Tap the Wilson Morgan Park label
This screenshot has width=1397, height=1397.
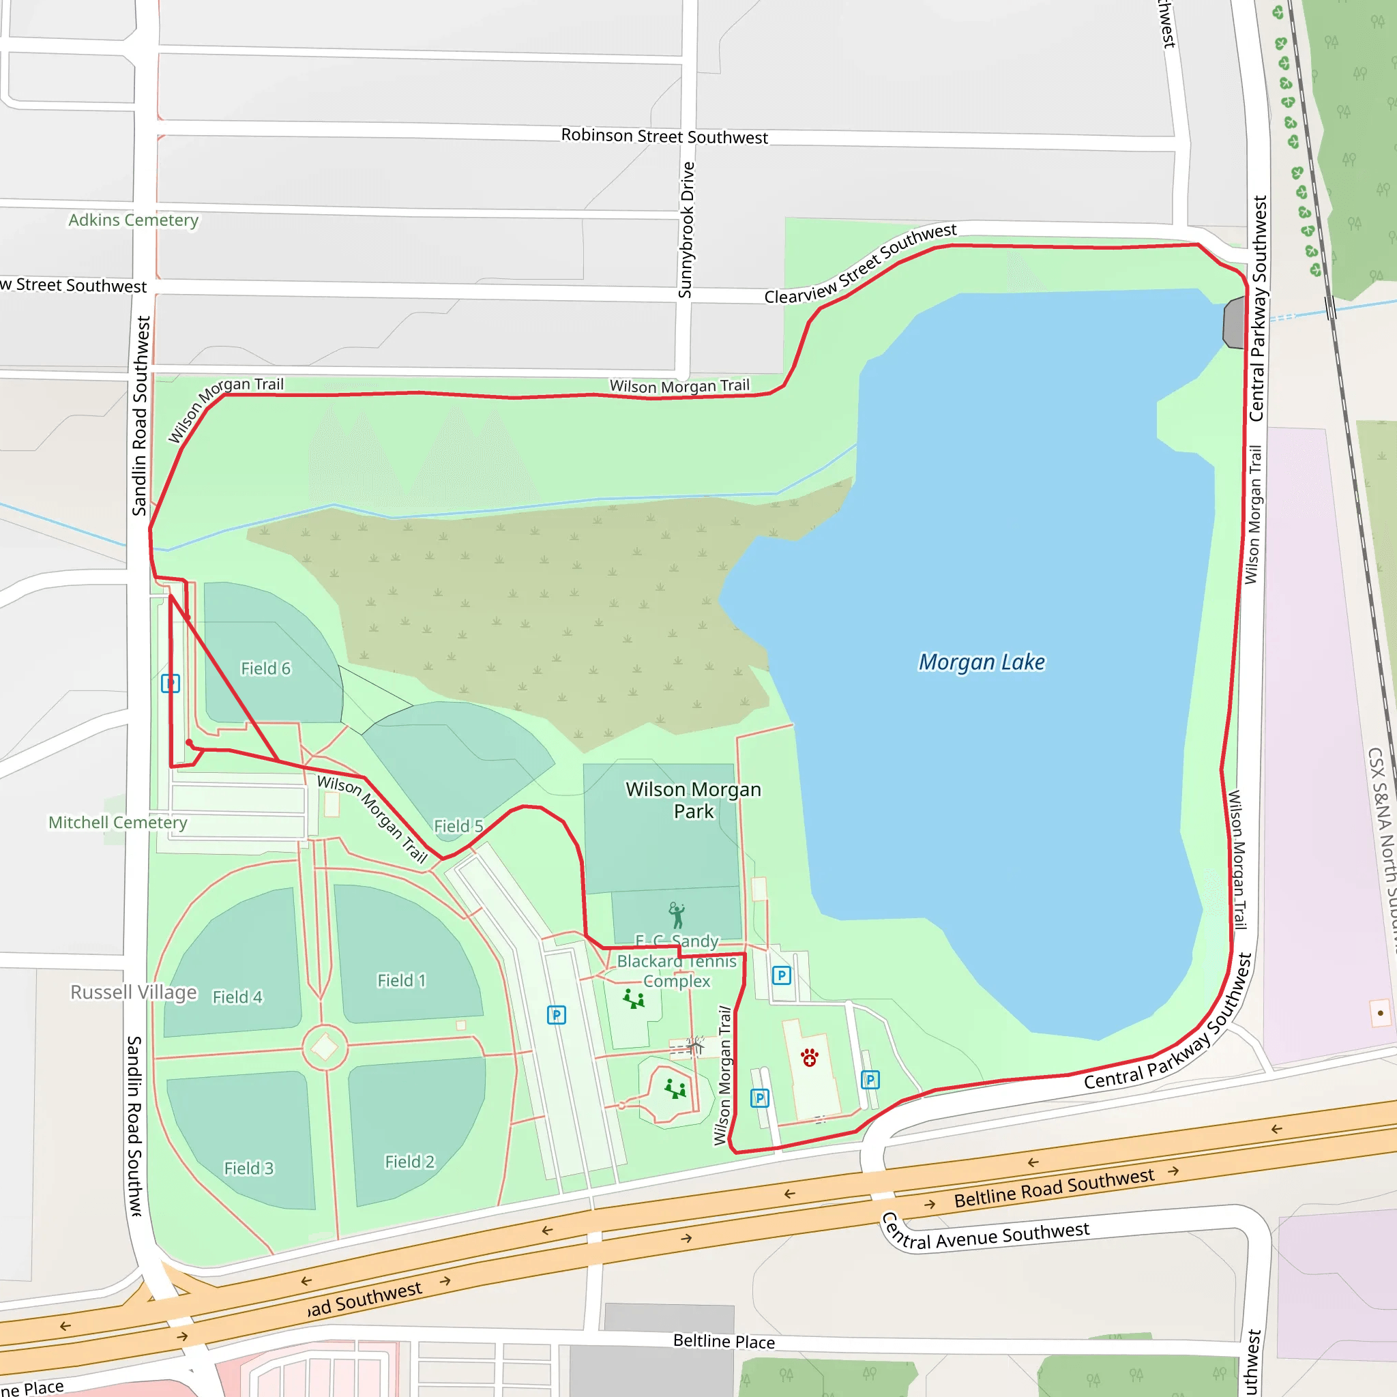coord(694,799)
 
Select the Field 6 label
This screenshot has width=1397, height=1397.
coord(265,669)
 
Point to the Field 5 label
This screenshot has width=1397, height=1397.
coord(458,826)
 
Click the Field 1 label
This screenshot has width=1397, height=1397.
coord(401,980)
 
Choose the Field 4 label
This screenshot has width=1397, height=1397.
coord(237,997)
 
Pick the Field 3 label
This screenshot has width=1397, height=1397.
coord(249,1168)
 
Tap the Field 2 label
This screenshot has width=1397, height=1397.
coord(409,1161)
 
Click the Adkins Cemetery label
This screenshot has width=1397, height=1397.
coord(133,220)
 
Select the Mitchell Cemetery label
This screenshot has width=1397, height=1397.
coord(118,822)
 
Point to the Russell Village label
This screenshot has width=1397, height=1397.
coord(133,992)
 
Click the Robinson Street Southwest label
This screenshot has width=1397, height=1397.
coord(664,136)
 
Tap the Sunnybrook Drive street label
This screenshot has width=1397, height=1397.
coord(686,230)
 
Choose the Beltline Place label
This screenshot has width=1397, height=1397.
coord(724,1341)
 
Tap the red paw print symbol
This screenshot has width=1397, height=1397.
coord(810,1058)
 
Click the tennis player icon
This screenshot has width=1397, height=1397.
coord(676,915)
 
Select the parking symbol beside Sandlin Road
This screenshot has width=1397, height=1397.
coord(171,683)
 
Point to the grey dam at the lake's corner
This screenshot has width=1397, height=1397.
coord(1234,323)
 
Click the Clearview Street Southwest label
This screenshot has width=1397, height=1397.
coord(860,264)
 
